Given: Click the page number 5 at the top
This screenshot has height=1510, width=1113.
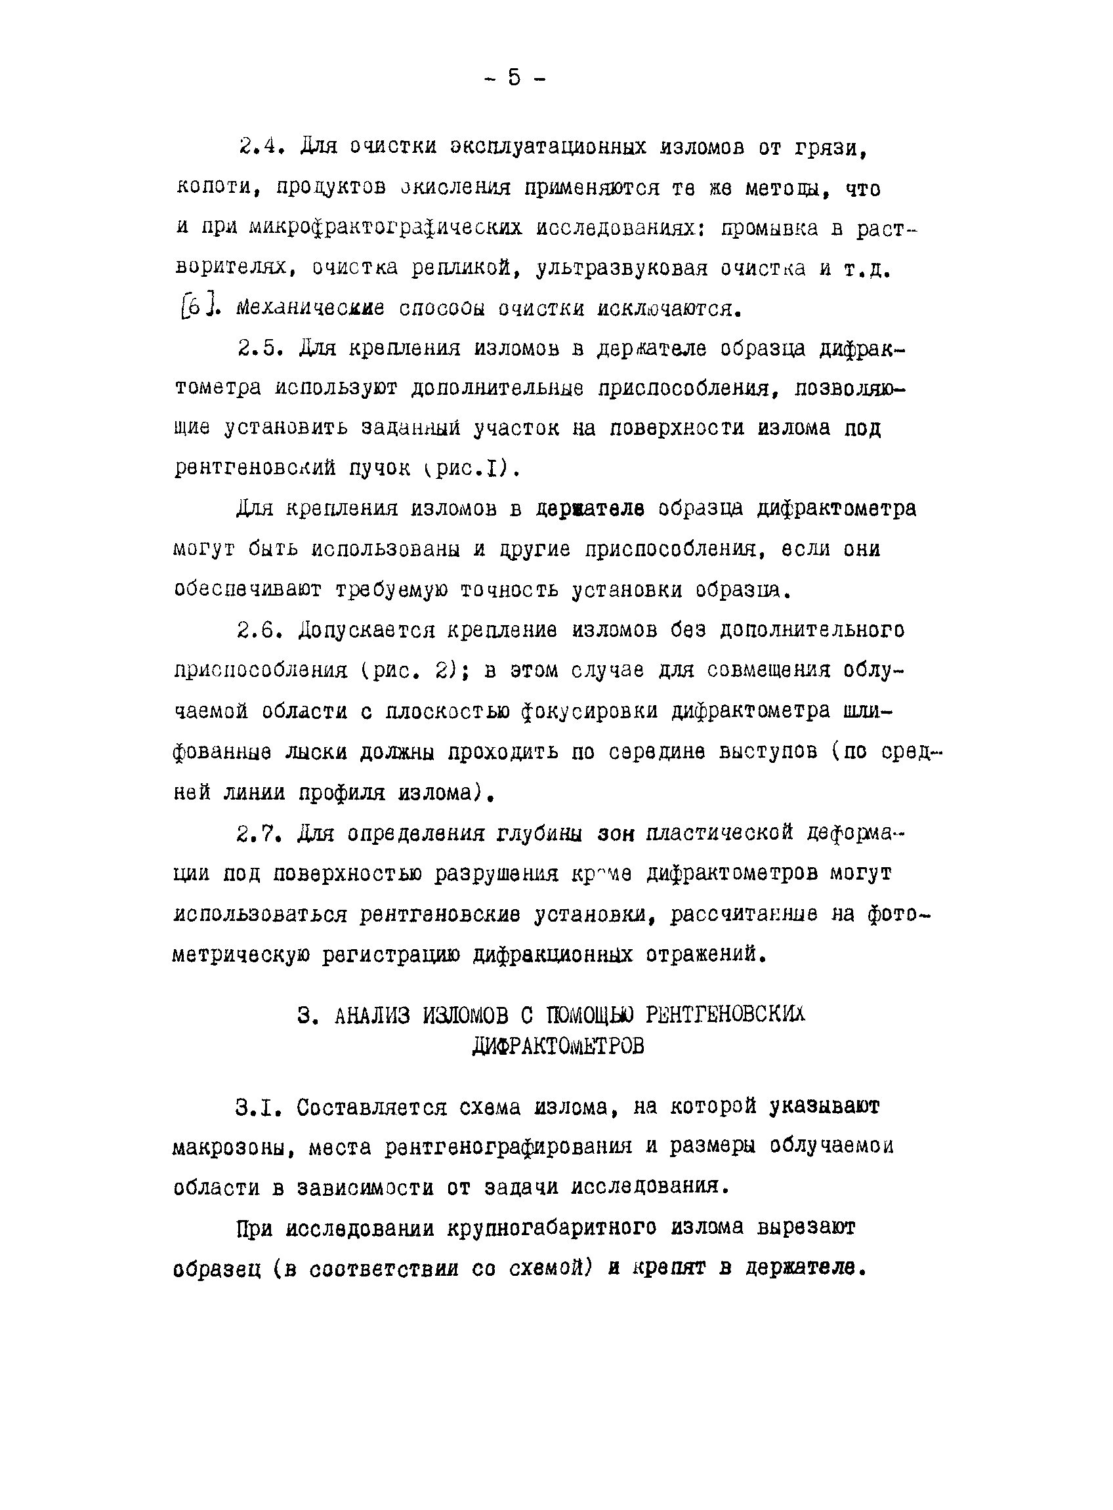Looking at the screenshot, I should [x=514, y=78].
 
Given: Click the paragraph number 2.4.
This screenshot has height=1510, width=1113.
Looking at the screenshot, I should [x=259, y=146].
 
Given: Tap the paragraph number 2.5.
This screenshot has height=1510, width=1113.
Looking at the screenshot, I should [x=258, y=348].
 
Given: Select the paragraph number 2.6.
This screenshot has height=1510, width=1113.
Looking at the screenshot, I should [x=258, y=630].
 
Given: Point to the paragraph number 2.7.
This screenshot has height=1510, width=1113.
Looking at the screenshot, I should [x=258, y=833].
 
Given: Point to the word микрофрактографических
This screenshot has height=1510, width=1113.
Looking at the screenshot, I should [x=385, y=228].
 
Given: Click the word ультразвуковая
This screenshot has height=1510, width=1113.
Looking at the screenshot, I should [x=621, y=268].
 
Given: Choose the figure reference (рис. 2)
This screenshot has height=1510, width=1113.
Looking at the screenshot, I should [x=410, y=671].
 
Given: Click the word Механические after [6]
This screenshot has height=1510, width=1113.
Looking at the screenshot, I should [x=310, y=308].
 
